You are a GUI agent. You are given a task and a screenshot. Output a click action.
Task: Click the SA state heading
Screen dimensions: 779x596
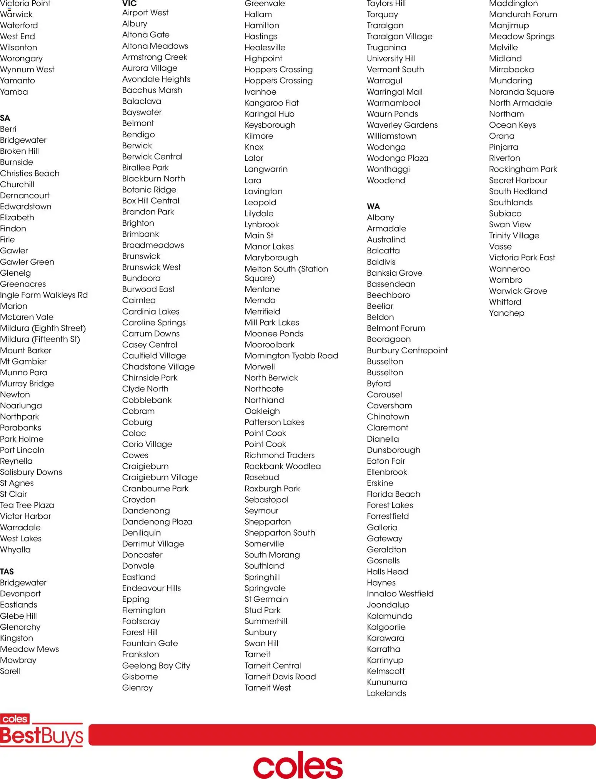point(5,118)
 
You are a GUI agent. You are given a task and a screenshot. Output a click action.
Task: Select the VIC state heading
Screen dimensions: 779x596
point(129,4)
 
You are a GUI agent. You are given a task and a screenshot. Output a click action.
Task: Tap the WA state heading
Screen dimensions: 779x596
point(373,206)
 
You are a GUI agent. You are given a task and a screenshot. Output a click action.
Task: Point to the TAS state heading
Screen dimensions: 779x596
point(7,571)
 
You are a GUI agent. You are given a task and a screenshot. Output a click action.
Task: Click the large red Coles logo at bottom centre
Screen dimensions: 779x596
point(298,765)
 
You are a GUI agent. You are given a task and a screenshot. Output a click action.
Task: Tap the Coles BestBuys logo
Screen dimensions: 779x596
point(41,730)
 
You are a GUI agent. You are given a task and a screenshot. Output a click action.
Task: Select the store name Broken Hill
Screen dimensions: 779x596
point(19,151)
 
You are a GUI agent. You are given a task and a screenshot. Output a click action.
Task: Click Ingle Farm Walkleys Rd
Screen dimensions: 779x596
point(44,295)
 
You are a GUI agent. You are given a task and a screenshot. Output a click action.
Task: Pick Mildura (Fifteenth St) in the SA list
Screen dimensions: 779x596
point(40,339)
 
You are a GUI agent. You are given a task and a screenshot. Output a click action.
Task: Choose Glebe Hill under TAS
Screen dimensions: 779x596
point(18,616)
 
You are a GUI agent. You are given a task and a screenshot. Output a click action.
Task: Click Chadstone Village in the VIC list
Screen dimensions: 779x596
point(158,367)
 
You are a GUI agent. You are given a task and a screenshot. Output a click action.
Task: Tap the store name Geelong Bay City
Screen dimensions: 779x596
point(156,666)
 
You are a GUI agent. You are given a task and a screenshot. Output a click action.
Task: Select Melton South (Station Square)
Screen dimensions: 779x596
point(286,273)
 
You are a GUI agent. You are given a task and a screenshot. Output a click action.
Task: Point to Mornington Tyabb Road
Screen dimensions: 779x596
point(291,356)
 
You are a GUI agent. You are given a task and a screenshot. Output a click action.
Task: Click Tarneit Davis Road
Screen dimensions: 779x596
point(280,677)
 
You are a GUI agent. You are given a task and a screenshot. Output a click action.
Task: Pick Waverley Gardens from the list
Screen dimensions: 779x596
point(402,125)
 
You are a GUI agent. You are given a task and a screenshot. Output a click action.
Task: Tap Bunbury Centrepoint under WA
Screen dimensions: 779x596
point(407,350)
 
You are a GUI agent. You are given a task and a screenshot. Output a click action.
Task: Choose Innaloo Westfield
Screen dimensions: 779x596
point(400,594)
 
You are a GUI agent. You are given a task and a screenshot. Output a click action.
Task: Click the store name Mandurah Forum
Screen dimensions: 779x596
point(523,15)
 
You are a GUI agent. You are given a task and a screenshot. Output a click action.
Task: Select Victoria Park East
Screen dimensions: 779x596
point(522,258)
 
